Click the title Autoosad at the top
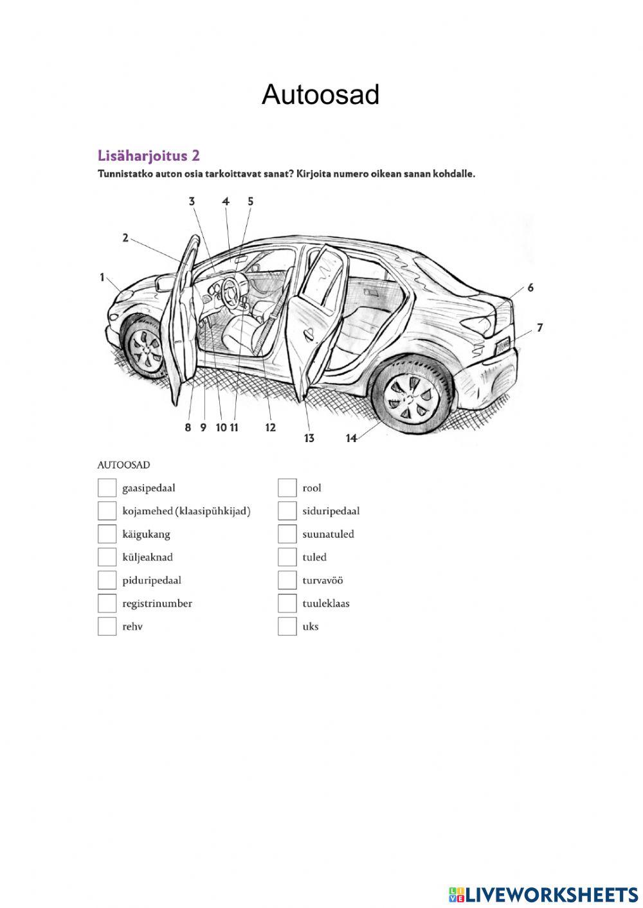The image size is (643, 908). click(320, 95)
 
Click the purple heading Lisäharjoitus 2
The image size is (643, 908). click(149, 156)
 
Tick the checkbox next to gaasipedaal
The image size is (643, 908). click(107, 488)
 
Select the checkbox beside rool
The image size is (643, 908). click(287, 488)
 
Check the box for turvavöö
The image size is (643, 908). click(287, 580)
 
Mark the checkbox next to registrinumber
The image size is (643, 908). click(107, 603)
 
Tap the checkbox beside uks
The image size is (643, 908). click(287, 627)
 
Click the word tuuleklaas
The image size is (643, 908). click(326, 603)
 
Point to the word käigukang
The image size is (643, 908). click(146, 534)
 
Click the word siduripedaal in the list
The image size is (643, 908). click(331, 511)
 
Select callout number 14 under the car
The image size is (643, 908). click(351, 438)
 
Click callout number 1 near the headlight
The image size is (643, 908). click(102, 278)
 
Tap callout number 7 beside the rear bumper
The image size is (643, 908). click(539, 328)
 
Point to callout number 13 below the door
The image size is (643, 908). click(309, 438)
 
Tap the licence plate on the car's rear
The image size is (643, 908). click(502, 345)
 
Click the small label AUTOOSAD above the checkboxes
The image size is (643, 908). click(123, 465)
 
